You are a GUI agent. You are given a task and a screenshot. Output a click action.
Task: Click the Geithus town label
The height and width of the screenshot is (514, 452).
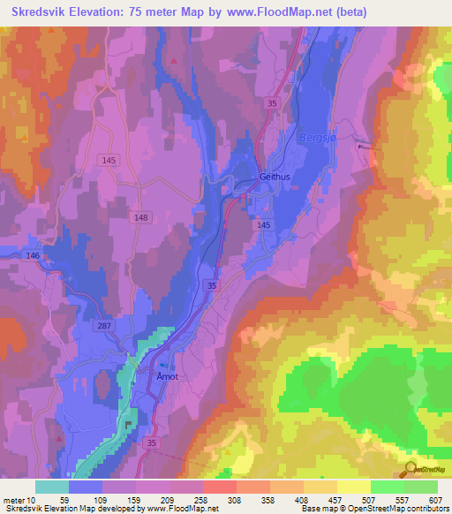point(275,176)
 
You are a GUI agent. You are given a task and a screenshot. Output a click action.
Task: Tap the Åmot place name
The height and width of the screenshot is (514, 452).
point(168,376)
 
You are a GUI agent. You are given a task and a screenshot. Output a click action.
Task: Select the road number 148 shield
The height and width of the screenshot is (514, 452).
point(141,217)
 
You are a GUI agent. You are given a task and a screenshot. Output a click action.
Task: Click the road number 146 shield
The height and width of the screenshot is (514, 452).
point(33,255)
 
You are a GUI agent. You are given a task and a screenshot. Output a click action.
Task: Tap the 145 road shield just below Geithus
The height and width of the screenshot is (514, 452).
point(263,226)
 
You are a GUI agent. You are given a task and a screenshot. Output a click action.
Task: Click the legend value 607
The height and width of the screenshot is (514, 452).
point(434,500)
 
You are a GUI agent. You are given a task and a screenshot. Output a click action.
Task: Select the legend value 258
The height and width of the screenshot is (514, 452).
point(201,500)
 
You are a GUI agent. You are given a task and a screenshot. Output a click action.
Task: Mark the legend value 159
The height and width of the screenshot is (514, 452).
point(135,500)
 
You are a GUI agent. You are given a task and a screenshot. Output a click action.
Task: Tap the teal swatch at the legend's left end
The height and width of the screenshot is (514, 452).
point(51,487)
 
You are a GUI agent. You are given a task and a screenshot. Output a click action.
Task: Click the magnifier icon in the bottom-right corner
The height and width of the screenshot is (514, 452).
point(409,469)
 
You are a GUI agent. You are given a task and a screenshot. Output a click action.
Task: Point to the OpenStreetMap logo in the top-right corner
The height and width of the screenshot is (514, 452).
point(424,78)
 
